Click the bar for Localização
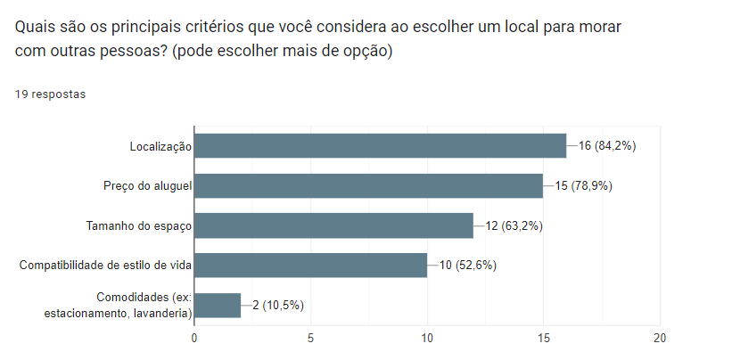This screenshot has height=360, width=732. point(380,145)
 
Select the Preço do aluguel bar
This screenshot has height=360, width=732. point(368,185)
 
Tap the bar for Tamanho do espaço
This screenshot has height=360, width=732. point(333,225)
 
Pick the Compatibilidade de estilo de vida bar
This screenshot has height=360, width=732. point(310,265)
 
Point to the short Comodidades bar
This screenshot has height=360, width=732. point(218,305)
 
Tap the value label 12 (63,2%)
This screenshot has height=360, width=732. point(514,225)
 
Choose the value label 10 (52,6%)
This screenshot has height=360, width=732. point(467,265)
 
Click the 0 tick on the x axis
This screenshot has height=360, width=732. point(194,338)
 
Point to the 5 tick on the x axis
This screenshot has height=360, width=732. point(310,338)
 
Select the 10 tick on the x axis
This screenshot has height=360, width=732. point(427,338)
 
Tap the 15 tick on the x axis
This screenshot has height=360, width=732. point(544,338)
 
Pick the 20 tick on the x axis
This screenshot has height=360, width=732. point(660,338)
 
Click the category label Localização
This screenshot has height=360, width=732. point(160,145)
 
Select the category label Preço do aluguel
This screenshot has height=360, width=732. point(147,185)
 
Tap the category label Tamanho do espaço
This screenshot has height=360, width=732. point(139,225)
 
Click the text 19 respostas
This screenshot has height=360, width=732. point(51,94)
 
